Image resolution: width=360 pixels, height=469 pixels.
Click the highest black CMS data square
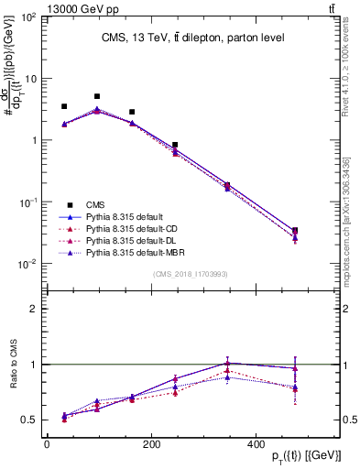coord(97,96)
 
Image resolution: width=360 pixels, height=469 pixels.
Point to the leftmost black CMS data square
coord(64,106)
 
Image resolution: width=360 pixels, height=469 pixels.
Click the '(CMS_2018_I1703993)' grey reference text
coord(191,274)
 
